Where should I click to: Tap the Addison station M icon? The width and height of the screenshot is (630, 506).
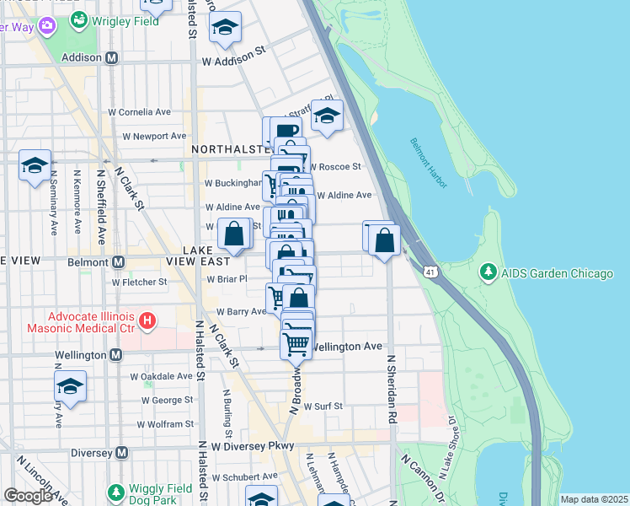coord(110,57)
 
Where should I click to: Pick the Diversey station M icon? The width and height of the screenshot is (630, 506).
coord(121,452)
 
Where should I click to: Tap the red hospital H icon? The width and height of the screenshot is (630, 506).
coord(147,320)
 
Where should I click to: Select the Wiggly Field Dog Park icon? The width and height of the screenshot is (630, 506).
coord(116,491)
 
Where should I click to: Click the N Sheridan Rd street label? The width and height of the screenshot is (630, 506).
coord(392,388)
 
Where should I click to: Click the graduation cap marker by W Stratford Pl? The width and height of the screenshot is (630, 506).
coord(327,116)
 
